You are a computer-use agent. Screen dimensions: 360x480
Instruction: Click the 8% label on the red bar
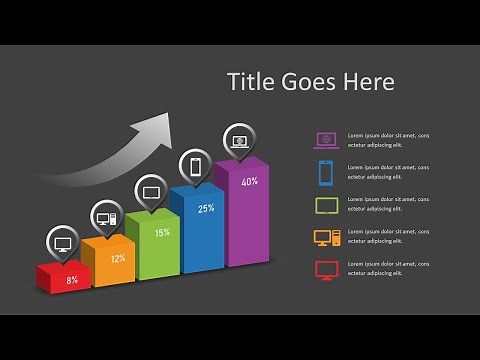(72, 280)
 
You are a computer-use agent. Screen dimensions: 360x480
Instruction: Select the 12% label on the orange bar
(118, 258)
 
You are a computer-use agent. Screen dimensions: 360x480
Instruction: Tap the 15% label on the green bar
(161, 232)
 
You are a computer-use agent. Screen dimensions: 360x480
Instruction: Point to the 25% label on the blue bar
(206, 209)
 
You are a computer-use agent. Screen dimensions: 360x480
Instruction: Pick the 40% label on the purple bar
(250, 182)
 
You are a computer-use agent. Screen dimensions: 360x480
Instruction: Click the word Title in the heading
(249, 81)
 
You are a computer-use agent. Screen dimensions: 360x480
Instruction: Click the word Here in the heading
(366, 81)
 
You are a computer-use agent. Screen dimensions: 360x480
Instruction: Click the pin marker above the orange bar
(106, 216)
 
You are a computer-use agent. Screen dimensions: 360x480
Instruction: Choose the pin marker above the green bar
(151, 191)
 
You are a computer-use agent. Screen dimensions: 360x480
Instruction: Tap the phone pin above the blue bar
(195, 166)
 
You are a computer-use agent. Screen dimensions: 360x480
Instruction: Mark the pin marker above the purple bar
(238, 141)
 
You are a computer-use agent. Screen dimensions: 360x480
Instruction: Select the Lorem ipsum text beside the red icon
(388, 270)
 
